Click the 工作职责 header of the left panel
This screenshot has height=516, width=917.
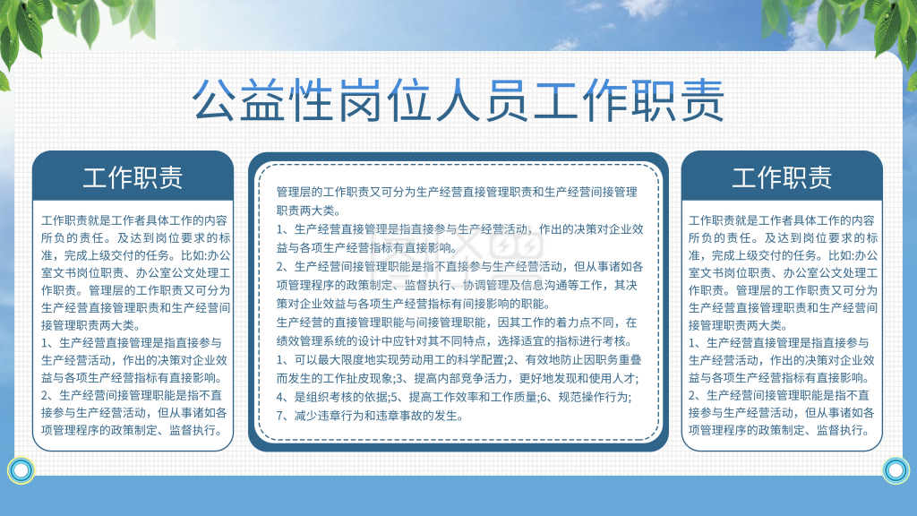click(x=133, y=176)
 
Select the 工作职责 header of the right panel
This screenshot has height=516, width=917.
click(x=782, y=176)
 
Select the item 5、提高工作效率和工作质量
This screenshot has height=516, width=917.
click(x=465, y=397)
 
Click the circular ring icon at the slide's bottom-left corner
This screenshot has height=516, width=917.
click(x=21, y=469)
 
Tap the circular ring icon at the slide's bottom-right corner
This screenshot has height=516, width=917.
click(x=896, y=469)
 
